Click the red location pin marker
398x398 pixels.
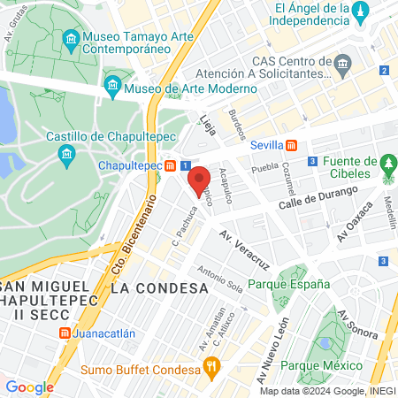[198, 180]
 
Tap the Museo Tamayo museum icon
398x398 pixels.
[71, 40]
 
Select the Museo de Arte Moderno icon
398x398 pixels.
[112, 87]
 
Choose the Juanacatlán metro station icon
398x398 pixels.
[65, 333]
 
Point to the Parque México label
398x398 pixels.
[324, 366]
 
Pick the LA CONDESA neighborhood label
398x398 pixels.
[159, 288]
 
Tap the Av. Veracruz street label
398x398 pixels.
[244, 250]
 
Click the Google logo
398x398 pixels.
[29, 387]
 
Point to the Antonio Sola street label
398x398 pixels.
[219, 281]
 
